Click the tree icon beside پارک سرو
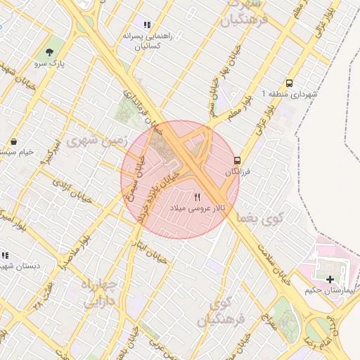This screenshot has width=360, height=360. [x=50, y=52]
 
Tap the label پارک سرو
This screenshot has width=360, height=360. [x=51, y=64]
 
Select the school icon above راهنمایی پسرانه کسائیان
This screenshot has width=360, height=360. [x=147, y=25]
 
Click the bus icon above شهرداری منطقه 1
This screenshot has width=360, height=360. [x=290, y=82]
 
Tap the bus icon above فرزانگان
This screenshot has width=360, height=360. [x=237, y=160]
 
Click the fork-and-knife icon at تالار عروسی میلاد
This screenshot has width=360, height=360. [x=197, y=198]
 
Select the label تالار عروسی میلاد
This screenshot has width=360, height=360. [x=198, y=210]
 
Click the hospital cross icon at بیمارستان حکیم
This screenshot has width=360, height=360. [x=330, y=279]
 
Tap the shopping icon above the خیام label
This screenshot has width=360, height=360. [x=15, y=141]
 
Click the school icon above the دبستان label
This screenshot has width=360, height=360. [x=4, y=255]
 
